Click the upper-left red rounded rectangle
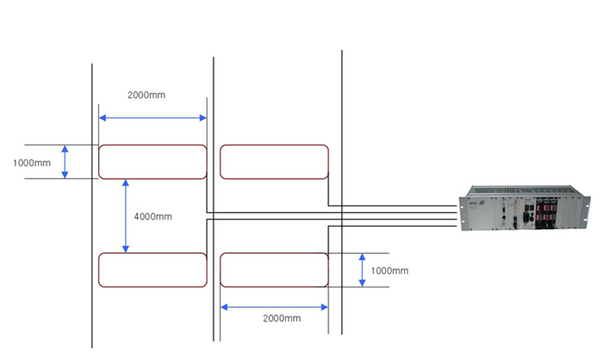point(152,162)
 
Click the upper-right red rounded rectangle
point(274,162)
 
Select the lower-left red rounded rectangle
point(152,270)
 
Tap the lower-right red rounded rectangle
point(274,270)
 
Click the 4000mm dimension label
point(154,216)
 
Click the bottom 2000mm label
point(282,319)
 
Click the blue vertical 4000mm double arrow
point(126,216)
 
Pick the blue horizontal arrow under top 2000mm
point(152,118)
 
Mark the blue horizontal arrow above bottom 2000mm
point(274,306)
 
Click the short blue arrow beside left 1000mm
point(65,162)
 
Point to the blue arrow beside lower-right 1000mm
point(362,270)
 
